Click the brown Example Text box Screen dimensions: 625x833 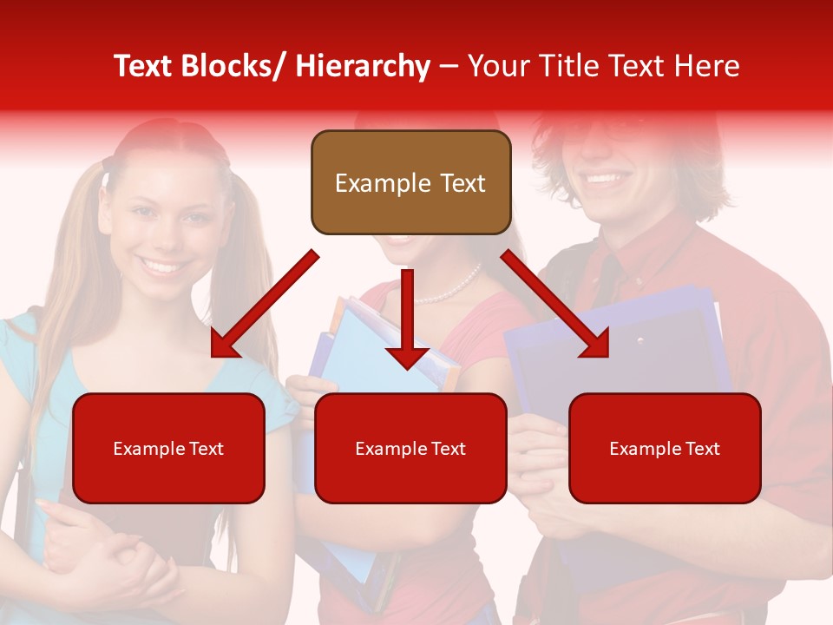point(410,182)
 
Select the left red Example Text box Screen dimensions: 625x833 point(168,448)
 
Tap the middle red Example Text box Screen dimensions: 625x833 point(410,448)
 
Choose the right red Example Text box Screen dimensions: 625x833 point(665,448)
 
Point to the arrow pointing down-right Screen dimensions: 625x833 point(555,306)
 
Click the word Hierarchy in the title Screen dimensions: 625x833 point(363,66)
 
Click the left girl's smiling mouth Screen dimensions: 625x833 point(165,264)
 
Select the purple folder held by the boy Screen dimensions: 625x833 point(625,347)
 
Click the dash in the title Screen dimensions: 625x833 point(449,66)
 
